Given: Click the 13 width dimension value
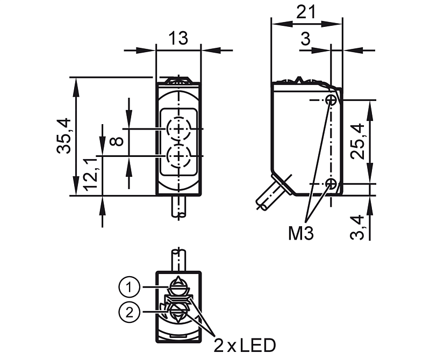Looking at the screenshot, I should (x=178, y=38).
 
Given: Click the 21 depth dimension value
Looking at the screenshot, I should (x=306, y=12).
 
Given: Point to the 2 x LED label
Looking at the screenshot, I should (x=245, y=344).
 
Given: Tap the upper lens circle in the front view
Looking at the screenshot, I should (x=177, y=129).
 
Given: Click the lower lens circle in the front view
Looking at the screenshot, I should (x=177, y=156).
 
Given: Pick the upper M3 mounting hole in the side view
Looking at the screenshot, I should (x=332, y=100).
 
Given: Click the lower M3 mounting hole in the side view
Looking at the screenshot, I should (x=332, y=184).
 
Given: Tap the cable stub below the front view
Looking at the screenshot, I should (x=178, y=207).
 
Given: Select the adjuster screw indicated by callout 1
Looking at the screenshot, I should (x=178, y=285).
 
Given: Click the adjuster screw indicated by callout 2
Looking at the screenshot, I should (x=178, y=311).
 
